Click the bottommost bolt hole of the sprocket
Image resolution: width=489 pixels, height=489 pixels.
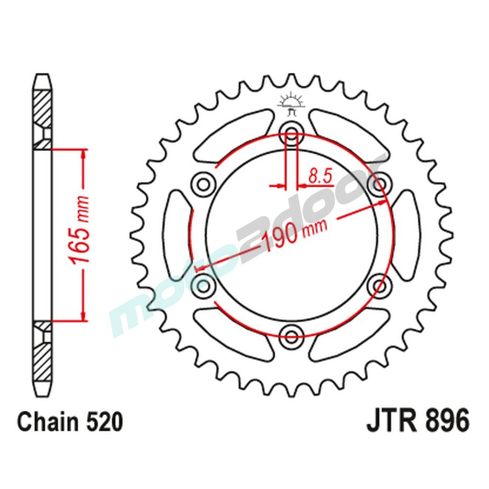point(292,335)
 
